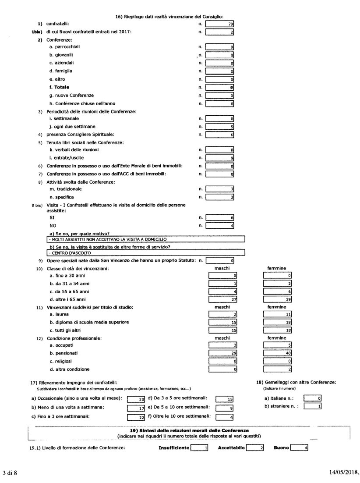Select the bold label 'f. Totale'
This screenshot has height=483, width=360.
(59, 87)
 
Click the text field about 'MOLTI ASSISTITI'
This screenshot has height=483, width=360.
(145, 239)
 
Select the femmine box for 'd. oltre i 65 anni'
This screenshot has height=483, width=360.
(278, 299)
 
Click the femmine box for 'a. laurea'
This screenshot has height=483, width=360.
(278, 315)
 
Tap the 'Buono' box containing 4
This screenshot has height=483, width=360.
(300, 448)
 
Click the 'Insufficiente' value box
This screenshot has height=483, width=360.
(200, 448)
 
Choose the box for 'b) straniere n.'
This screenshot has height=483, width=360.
(313, 406)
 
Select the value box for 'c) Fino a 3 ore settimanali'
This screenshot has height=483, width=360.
(136, 417)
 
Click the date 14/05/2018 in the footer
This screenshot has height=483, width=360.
(344, 473)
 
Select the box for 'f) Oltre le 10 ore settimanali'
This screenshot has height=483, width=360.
(225, 417)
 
